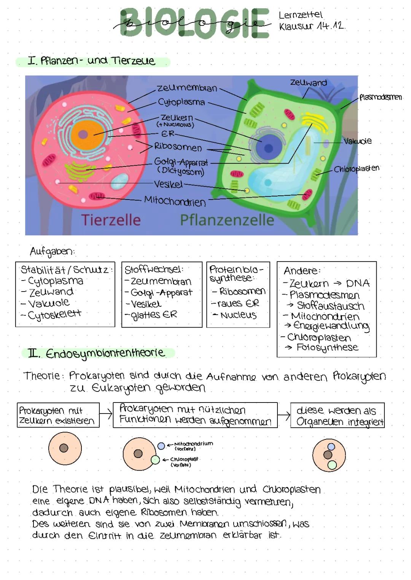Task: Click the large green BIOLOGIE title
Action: point(194,24)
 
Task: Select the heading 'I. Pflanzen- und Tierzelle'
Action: point(91,61)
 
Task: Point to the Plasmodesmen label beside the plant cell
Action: point(380,97)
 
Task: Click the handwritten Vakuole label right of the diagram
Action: point(357,141)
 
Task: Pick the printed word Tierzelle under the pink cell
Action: point(111,220)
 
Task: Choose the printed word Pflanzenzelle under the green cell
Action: point(227,220)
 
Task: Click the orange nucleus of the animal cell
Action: point(83,134)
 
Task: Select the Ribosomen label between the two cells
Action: point(178,147)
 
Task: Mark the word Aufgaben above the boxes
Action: point(52,251)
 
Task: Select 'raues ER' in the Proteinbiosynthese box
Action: point(238,303)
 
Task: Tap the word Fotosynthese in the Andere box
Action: point(327,347)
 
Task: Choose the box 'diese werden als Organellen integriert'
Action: point(337,415)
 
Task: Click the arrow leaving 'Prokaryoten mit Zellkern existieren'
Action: point(106,415)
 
